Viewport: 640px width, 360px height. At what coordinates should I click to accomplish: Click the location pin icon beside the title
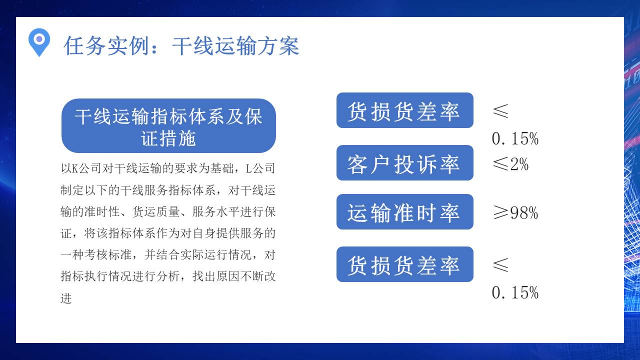coord(39,41)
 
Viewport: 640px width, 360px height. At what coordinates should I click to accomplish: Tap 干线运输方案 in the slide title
coord(235,46)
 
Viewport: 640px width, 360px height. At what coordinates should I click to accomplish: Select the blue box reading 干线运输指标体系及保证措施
coord(168,126)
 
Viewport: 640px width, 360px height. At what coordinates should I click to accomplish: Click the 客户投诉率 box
coord(404,163)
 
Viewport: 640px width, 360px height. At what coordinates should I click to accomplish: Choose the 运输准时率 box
coord(404,212)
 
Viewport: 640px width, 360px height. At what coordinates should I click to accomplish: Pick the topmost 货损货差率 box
coord(404,110)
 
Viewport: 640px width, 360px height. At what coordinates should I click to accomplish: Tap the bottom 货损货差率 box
coord(404,264)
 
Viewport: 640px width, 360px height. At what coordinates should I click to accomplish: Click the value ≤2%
coord(510,164)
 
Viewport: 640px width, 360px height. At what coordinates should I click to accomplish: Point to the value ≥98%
coord(515,213)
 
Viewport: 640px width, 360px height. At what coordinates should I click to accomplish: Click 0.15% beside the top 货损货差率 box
coord(515,138)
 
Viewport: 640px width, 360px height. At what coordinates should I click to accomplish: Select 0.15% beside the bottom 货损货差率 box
coord(515,292)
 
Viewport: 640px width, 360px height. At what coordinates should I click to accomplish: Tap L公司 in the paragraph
coord(260,168)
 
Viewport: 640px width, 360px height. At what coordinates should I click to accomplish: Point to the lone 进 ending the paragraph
coord(66,298)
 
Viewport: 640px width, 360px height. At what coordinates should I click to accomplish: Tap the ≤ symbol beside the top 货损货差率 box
coord(500,111)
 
